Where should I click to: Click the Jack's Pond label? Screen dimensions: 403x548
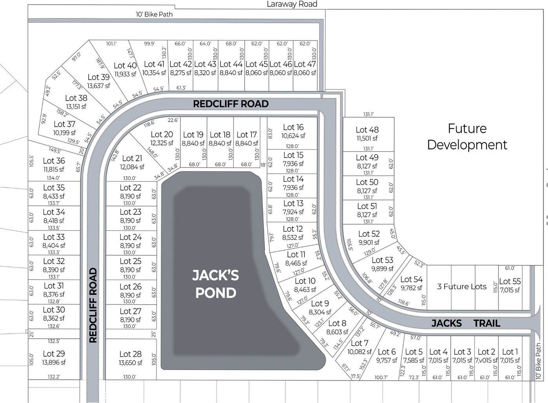(x=215, y=284)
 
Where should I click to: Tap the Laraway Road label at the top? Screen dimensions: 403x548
(x=291, y=4)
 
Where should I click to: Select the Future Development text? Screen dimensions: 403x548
(x=467, y=136)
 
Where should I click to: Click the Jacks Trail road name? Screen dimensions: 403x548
(x=466, y=323)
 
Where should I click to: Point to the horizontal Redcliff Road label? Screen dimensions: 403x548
(x=231, y=104)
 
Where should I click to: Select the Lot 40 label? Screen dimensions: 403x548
(x=125, y=65)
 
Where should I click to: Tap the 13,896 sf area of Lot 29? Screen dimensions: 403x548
(x=54, y=362)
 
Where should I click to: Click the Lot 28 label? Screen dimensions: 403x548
(x=130, y=354)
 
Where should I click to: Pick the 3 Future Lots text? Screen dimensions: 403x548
(x=462, y=287)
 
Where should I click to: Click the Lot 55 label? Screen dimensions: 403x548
(x=510, y=281)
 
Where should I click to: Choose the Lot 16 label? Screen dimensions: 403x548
(x=293, y=127)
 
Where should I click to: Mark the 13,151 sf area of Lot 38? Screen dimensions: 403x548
(x=76, y=107)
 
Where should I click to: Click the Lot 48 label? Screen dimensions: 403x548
(x=367, y=130)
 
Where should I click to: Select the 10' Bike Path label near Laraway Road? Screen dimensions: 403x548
(x=154, y=14)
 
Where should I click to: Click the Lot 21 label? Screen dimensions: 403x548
(x=132, y=158)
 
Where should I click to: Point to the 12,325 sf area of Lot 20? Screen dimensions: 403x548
(x=162, y=143)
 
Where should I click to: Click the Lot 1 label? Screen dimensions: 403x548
(x=510, y=352)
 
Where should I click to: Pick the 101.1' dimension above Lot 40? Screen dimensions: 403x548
(x=111, y=44)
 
